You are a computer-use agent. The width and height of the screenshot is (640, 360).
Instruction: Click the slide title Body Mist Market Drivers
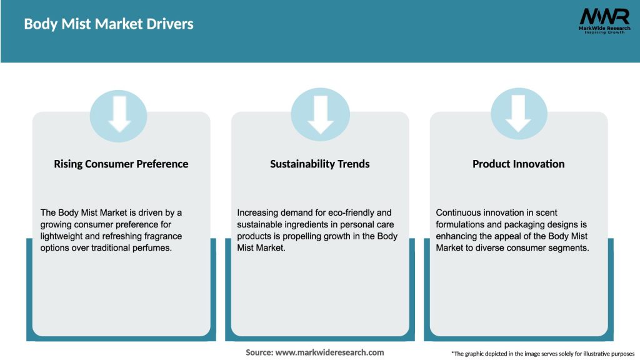(109, 24)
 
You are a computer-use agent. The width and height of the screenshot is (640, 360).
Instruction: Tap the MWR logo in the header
(604, 21)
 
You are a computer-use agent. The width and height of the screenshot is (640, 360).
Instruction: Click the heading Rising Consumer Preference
(121, 164)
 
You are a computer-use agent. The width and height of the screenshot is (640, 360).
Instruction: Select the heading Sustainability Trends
(320, 164)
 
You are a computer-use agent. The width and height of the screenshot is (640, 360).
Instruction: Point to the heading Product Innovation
(519, 164)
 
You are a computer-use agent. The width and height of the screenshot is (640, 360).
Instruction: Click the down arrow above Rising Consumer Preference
(119, 114)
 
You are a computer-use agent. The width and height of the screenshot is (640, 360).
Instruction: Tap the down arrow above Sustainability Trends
(321, 115)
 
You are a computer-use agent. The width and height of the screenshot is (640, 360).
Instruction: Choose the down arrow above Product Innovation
(518, 114)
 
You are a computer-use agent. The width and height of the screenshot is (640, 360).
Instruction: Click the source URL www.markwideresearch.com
(329, 352)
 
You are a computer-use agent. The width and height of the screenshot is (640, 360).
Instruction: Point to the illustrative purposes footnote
(543, 354)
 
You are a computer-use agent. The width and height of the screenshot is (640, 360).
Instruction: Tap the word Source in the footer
(259, 352)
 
